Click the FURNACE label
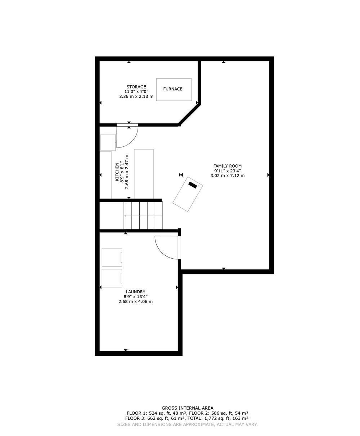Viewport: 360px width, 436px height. [x=172, y=89]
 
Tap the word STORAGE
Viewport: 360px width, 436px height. [x=136, y=87]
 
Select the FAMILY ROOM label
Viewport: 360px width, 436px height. [x=227, y=166]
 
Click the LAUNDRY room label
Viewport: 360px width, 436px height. [x=135, y=292]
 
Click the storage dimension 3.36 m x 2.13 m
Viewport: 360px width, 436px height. [x=136, y=96]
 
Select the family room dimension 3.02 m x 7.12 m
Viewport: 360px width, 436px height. [x=227, y=176]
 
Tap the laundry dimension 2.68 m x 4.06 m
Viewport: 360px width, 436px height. [x=135, y=301]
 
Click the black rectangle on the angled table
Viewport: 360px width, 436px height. [x=193, y=185]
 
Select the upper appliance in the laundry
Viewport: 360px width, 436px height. [x=112, y=257]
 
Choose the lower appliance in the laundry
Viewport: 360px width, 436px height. [x=112, y=278]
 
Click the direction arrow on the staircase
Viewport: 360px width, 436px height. [x=143, y=216]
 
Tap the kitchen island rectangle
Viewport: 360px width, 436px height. [x=144, y=174]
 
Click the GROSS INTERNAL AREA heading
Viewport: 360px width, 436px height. [x=188, y=408]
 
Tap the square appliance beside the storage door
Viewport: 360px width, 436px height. [x=108, y=142]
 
